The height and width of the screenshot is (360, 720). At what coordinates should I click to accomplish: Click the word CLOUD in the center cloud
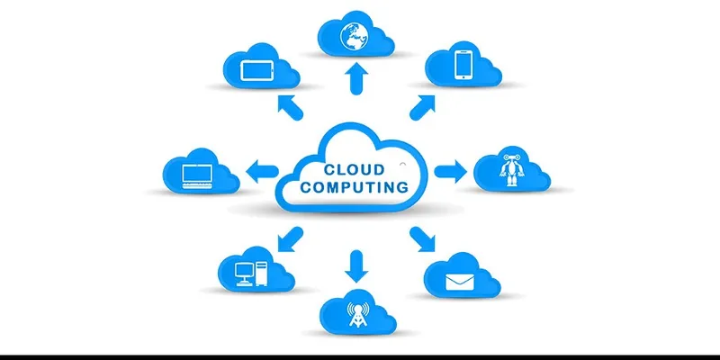click(x=354, y=170)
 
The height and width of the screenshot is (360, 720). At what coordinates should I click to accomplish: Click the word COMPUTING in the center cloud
click(x=354, y=187)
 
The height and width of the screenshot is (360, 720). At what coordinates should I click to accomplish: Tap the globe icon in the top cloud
click(x=352, y=35)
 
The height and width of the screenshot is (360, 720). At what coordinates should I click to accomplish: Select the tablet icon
click(x=257, y=71)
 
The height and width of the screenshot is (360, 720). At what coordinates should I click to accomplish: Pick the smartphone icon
click(x=463, y=65)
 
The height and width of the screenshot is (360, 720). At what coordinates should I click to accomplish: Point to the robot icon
click(x=511, y=170)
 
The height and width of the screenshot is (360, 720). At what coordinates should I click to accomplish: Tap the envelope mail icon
click(x=459, y=282)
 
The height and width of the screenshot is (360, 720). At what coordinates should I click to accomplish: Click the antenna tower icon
click(x=357, y=314)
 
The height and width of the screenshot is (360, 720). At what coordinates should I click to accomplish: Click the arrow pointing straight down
click(x=356, y=266)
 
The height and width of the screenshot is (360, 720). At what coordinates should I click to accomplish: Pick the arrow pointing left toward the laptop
click(x=262, y=172)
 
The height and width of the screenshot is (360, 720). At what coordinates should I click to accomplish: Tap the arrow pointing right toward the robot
click(x=451, y=172)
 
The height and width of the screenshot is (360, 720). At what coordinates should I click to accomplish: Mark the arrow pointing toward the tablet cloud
click(x=290, y=107)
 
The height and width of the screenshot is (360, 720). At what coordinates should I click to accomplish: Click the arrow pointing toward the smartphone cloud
click(x=422, y=107)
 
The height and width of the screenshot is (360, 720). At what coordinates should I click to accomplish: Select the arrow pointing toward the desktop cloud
click(x=290, y=238)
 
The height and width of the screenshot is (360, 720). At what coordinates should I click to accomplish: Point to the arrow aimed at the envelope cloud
click(x=422, y=238)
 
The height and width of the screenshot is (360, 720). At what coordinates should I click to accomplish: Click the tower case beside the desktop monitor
click(x=261, y=274)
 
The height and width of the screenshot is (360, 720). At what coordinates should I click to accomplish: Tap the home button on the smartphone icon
click(x=463, y=77)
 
